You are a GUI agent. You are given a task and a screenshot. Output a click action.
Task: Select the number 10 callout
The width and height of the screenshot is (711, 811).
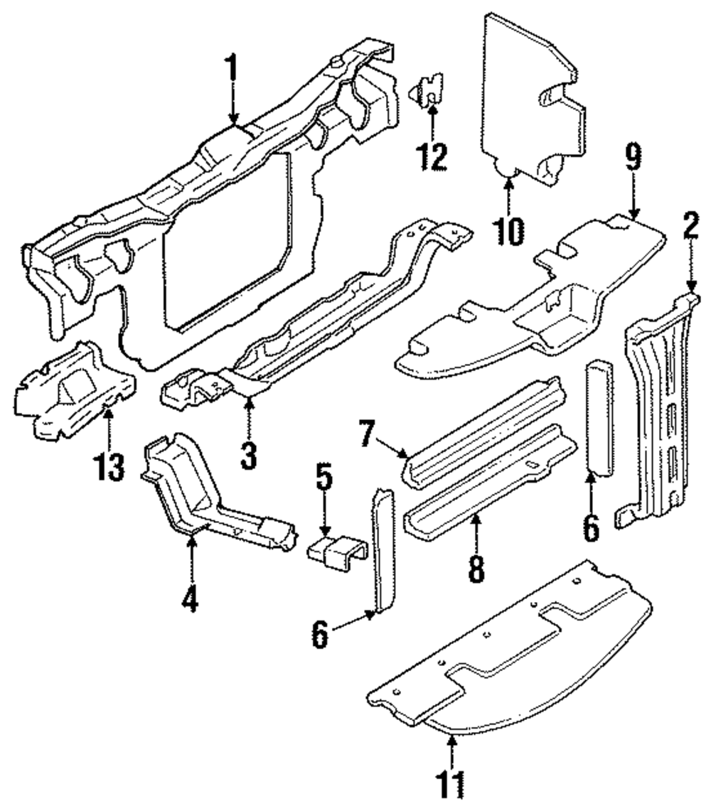pyautogui.click(x=509, y=229)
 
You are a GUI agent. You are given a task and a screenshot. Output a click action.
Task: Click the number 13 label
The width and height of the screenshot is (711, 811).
pyautogui.click(x=109, y=466)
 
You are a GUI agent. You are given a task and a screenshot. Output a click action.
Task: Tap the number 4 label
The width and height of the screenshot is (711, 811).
pyautogui.click(x=188, y=601)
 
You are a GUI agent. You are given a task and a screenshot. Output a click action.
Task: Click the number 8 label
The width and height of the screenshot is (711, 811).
pyautogui.click(x=476, y=566)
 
